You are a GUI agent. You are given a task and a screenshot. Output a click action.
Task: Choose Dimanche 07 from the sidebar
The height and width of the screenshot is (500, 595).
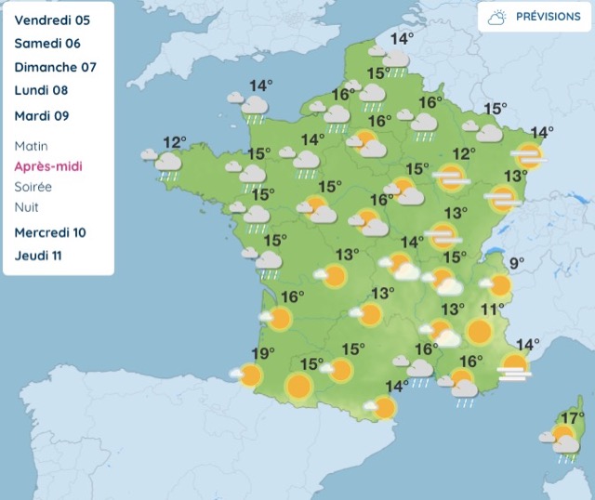[x=55, y=68]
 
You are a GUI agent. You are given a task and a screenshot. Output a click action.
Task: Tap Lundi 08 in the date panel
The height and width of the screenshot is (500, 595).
[x=41, y=91]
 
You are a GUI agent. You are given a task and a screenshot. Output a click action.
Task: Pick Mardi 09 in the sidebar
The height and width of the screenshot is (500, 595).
[x=42, y=116]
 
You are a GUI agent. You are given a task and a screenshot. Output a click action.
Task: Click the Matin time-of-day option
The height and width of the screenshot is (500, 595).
[x=32, y=146]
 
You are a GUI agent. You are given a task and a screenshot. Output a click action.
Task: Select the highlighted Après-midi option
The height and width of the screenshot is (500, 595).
[x=47, y=166]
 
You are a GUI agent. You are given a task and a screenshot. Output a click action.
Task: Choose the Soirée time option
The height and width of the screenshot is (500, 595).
[x=33, y=187]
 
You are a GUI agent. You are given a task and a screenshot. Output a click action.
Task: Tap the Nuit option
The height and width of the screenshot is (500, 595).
[x=27, y=207]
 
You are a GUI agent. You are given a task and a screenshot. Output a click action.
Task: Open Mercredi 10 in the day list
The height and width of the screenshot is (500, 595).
[x=50, y=232]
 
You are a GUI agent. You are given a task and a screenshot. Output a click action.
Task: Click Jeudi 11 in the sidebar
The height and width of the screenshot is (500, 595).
[x=39, y=256]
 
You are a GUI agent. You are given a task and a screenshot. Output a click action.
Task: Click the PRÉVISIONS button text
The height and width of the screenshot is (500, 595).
[x=548, y=17]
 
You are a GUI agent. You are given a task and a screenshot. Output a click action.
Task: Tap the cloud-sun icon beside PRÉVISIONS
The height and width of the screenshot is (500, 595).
[x=497, y=18]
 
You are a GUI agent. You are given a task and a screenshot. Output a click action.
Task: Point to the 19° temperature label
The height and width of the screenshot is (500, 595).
[x=263, y=353]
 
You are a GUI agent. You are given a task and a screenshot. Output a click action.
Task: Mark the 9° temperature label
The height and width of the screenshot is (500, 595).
[x=516, y=263]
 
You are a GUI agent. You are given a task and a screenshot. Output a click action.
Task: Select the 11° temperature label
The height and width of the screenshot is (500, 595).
[x=492, y=309]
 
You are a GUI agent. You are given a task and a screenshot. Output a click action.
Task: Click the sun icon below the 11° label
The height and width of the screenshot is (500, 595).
[x=480, y=332]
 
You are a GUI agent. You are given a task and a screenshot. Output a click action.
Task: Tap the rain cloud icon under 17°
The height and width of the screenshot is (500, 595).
[x=566, y=446]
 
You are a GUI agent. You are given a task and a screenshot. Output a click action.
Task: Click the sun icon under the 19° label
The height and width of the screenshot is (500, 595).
[x=250, y=375]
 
